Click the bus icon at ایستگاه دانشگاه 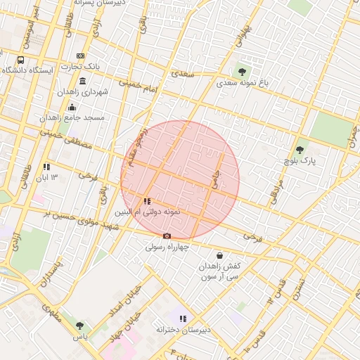20,60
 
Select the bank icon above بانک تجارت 81,56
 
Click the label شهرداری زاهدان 99,92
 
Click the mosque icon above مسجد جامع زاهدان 72,107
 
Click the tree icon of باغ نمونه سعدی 242,71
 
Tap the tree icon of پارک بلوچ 300,149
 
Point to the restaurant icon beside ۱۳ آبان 46,167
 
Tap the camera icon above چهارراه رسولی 167,236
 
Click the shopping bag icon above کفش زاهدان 220,255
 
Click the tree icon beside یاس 79,325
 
